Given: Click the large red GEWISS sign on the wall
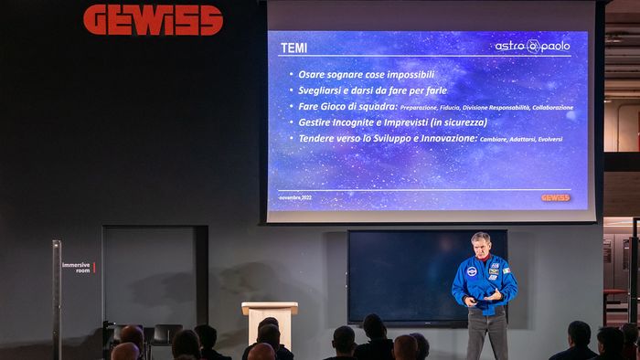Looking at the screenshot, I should click(x=153, y=20).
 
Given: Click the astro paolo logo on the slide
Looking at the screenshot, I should click(x=532, y=45).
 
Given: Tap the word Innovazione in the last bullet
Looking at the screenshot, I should click(x=445, y=138).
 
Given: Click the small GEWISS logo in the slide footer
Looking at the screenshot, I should click(x=555, y=197).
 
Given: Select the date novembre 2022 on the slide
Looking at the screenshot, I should click(x=295, y=197).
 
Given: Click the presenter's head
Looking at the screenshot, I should click(x=481, y=244).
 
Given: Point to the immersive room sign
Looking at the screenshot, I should click(x=77, y=268).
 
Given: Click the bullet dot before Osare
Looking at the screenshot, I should click(x=291, y=75).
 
